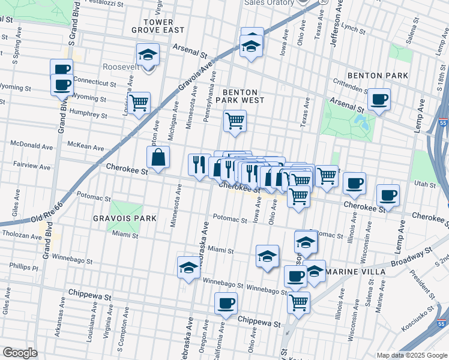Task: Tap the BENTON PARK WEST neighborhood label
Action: point(244,97)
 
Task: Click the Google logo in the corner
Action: point(20,353)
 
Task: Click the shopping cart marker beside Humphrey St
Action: point(139,103)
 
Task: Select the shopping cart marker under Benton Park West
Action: point(235,121)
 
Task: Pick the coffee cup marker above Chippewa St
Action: point(226,303)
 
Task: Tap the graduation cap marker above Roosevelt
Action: point(148,55)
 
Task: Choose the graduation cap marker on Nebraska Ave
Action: point(189,268)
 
